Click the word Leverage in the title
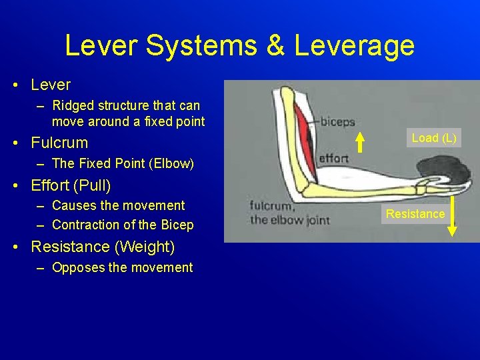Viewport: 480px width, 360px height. coord(354,46)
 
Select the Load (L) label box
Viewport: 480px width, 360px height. coord(434,138)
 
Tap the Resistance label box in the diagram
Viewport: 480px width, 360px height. coord(415,214)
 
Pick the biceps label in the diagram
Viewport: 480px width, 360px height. coord(337,122)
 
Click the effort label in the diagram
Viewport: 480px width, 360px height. coord(334,159)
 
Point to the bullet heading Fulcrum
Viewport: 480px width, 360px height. coord(59,143)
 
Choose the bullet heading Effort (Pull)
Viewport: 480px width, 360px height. coord(71,185)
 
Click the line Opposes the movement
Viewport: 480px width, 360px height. coord(122,267)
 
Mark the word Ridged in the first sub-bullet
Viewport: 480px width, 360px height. coord(72,105)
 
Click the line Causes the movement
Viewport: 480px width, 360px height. coord(118,205)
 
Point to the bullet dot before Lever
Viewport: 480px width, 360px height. coord(15,85)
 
